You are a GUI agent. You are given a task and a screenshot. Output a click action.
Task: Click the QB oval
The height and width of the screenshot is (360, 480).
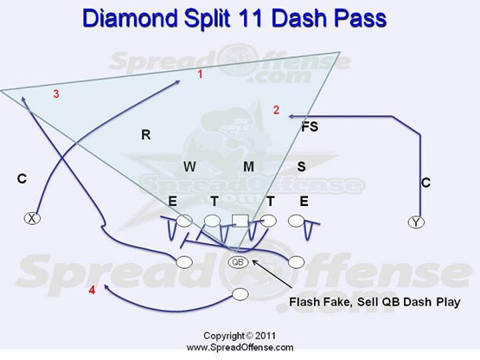click(238, 262)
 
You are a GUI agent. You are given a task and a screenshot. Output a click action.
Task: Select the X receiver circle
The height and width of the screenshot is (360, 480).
click(32, 218)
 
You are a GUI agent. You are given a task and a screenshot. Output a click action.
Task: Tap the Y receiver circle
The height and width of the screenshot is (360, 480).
click(416, 222)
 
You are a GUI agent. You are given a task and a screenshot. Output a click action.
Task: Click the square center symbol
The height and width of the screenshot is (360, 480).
click(240, 221)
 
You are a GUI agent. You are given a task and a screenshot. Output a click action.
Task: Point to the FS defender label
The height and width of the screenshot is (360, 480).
click(310, 127)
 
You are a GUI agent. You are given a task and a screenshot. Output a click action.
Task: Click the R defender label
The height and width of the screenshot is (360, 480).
click(145, 134)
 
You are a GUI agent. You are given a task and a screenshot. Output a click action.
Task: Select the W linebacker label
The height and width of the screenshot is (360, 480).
click(189, 167)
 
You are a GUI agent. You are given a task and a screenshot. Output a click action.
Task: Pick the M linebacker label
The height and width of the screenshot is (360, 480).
click(248, 167)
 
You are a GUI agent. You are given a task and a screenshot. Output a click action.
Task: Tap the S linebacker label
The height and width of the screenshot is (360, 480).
click(302, 166)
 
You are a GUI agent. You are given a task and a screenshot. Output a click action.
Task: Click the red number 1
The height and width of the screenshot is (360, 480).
click(200, 74)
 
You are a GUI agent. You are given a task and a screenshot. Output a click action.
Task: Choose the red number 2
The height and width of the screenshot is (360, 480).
click(276, 110)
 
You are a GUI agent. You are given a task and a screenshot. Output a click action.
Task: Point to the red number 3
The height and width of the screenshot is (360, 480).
click(56, 94)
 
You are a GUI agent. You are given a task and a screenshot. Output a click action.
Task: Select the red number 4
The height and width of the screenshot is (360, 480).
click(92, 290)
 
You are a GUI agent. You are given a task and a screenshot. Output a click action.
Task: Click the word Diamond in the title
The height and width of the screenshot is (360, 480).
click(130, 18)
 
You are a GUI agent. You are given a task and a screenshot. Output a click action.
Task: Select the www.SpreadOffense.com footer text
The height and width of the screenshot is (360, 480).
click(240, 347)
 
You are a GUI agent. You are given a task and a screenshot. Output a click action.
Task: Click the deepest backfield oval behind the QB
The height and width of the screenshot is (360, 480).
click(240, 294)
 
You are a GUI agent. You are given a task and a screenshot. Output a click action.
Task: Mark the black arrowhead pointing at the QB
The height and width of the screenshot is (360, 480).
click(254, 262)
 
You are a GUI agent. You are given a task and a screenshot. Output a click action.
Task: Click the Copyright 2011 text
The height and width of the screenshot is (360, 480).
click(240, 336)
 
